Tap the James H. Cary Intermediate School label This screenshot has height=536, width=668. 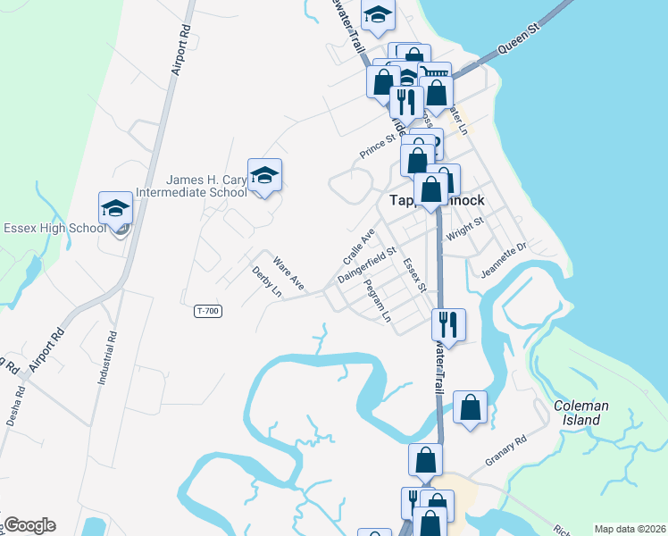(190, 185)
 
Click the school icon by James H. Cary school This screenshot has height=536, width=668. (264, 175)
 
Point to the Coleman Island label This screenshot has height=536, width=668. (580, 412)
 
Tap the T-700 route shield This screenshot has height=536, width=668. (207, 311)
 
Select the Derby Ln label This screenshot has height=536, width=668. (266, 281)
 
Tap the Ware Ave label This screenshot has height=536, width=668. (289, 273)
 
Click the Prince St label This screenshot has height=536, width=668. (378, 147)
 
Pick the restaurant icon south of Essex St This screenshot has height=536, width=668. (447, 325)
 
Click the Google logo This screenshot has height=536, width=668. (29, 525)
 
